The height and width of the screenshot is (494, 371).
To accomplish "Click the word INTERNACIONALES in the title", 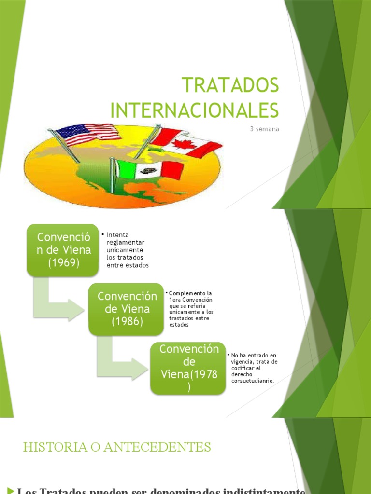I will pos(195,110).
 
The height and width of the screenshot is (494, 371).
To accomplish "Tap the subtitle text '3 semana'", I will pos(265,129).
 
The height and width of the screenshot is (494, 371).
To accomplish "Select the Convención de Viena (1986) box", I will pos(124,309).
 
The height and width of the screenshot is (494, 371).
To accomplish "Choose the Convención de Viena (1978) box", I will pos(187,368).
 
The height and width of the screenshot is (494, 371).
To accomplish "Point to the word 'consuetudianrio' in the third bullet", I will pos(252,381).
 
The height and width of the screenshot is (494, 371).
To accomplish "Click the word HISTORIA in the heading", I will pos(50,447).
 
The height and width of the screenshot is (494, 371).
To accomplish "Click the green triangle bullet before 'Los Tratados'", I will pos(11,491).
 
